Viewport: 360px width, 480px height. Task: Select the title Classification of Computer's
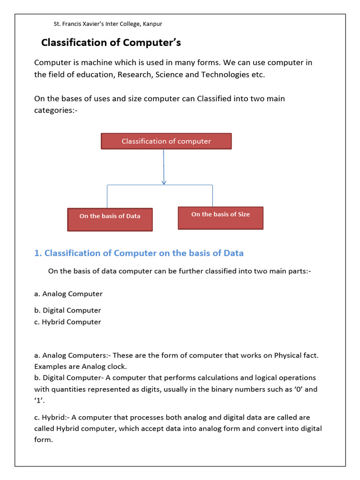[x=111, y=43]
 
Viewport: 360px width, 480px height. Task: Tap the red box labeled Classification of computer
[x=166, y=141]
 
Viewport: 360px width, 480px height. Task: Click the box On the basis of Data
[x=110, y=219]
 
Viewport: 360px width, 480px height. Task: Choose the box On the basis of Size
[x=220, y=217]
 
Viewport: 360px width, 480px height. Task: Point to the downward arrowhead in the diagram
[x=164, y=182]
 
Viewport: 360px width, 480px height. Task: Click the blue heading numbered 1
[x=139, y=253]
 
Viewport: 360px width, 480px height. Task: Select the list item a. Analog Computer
[x=68, y=294]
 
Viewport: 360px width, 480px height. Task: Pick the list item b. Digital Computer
[x=67, y=310]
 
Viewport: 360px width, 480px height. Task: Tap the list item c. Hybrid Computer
[x=67, y=322]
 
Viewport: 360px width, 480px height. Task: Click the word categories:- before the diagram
[x=56, y=110]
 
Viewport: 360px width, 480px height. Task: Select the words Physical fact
[x=296, y=355]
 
